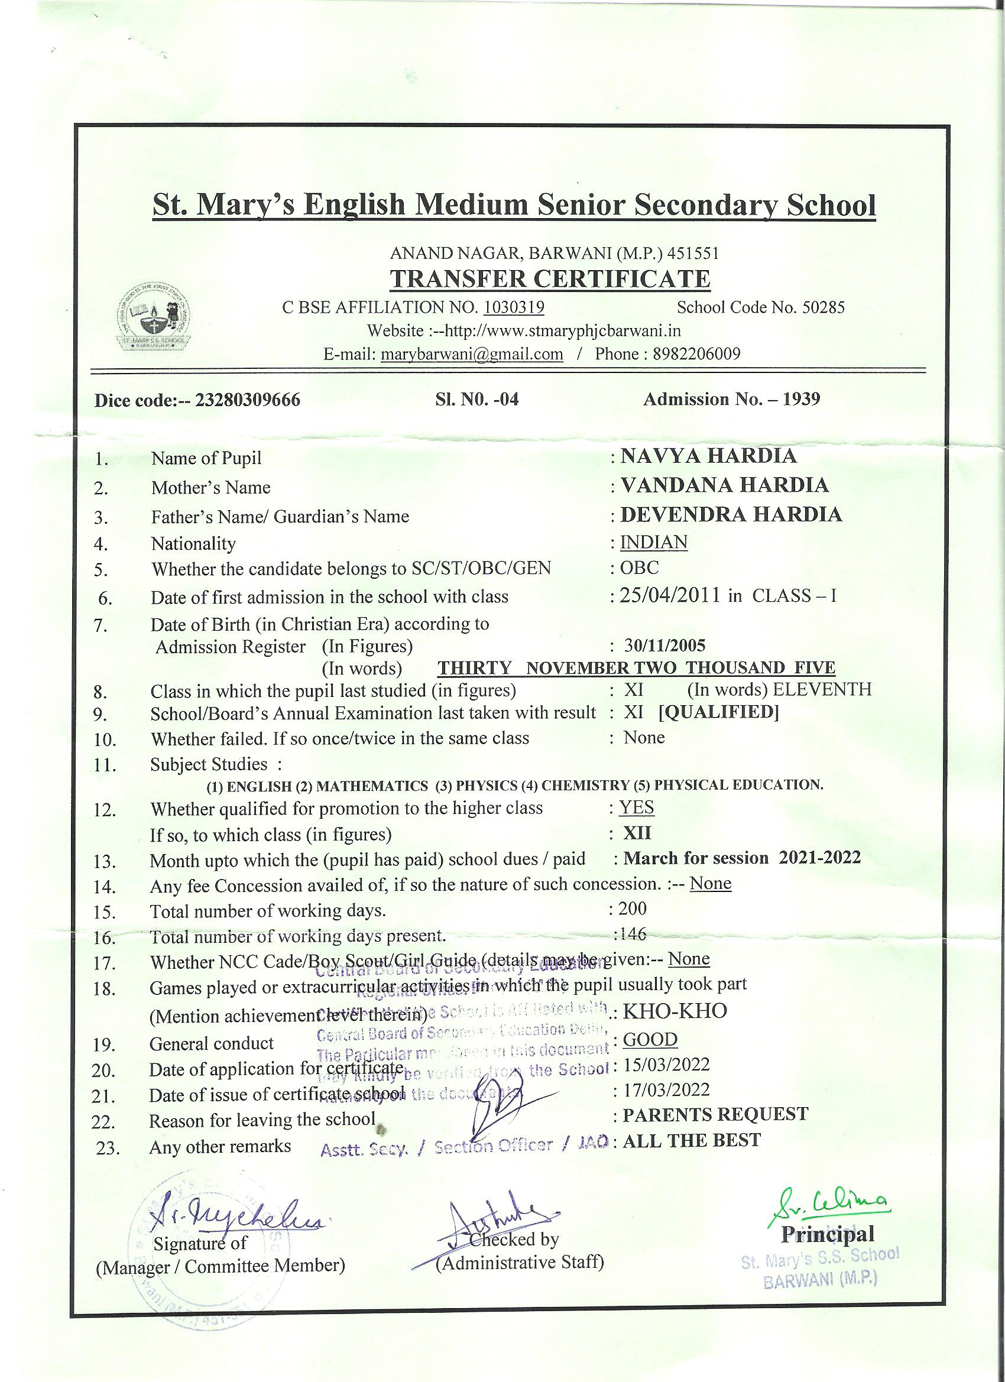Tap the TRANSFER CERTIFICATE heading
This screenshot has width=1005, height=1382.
pyautogui.click(x=550, y=279)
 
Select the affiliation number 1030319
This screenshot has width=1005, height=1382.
pyautogui.click(x=514, y=307)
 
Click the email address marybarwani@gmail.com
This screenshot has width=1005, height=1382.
pyautogui.click(x=472, y=354)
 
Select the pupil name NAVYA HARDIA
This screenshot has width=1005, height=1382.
pyautogui.click(x=708, y=456)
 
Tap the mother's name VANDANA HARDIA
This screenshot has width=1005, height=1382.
pyautogui.click(x=724, y=485)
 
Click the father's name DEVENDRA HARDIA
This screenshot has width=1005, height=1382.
pyautogui.click(x=731, y=514)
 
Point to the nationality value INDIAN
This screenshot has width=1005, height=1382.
pyautogui.click(x=653, y=542)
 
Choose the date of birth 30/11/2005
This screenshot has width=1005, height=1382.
pyautogui.click(x=665, y=645)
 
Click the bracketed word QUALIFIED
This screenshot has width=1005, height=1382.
pyautogui.click(x=719, y=712)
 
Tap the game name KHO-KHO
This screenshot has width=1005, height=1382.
pyautogui.click(x=675, y=1011)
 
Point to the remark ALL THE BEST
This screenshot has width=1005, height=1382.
pyautogui.click(x=692, y=1140)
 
